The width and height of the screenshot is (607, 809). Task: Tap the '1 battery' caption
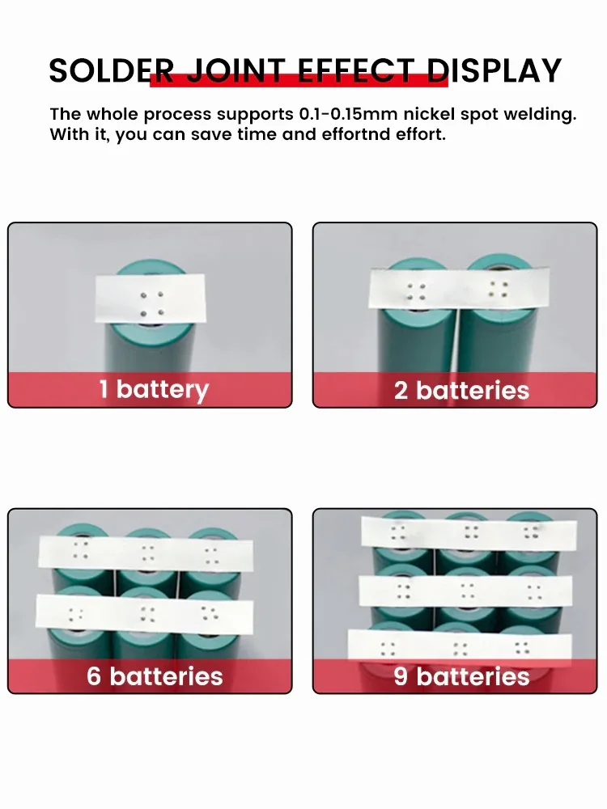pyautogui.click(x=155, y=390)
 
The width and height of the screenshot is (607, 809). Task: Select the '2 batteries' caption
pyautogui.click(x=461, y=391)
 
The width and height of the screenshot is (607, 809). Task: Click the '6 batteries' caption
pyautogui.click(x=155, y=676)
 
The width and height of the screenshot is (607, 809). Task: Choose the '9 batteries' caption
pyautogui.click(x=461, y=676)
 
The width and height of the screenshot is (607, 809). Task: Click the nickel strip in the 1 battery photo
pyautogui.click(x=150, y=299)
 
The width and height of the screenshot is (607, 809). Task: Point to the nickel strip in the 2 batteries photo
pyautogui.click(x=459, y=290)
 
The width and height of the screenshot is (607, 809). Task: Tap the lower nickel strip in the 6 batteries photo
pyautogui.click(x=145, y=613)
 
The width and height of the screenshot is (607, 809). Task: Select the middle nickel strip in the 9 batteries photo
pyautogui.click(x=465, y=592)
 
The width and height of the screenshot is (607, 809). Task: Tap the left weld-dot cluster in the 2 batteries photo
pyautogui.click(x=415, y=292)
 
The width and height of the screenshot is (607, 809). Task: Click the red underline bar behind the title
pyautogui.click(x=299, y=80)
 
